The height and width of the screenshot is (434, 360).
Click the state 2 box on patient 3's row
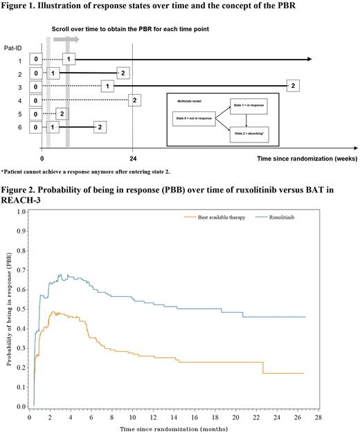[x=293, y=85]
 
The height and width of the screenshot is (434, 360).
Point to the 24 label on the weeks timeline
[x=132, y=158]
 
